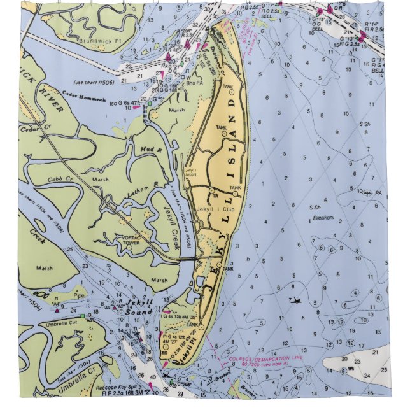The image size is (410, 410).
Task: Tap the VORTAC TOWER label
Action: point(126,240)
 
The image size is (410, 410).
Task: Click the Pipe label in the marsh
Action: point(78,295)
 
